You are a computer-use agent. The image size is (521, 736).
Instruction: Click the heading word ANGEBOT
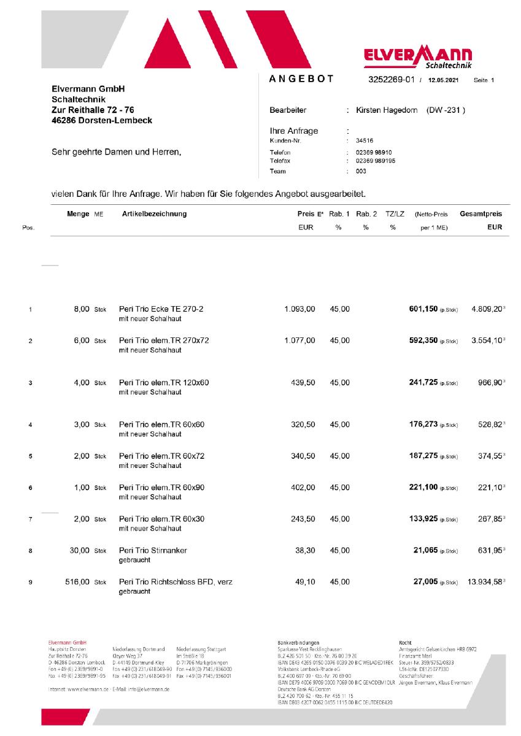[x=301, y=79]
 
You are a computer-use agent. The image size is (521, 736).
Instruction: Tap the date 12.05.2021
[x=444, y=80]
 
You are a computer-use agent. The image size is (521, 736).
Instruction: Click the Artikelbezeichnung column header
[x=155, y=214]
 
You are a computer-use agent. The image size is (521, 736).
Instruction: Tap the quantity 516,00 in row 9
[x=77, y=581]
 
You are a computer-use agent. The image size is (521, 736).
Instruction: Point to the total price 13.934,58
[x=484, y=581]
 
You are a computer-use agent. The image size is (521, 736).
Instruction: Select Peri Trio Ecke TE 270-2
[x=161, y=309]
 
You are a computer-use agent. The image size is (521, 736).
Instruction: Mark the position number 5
[x=30, y=456]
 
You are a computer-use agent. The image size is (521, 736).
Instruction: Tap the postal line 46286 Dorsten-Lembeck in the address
[x=102, y=120]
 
